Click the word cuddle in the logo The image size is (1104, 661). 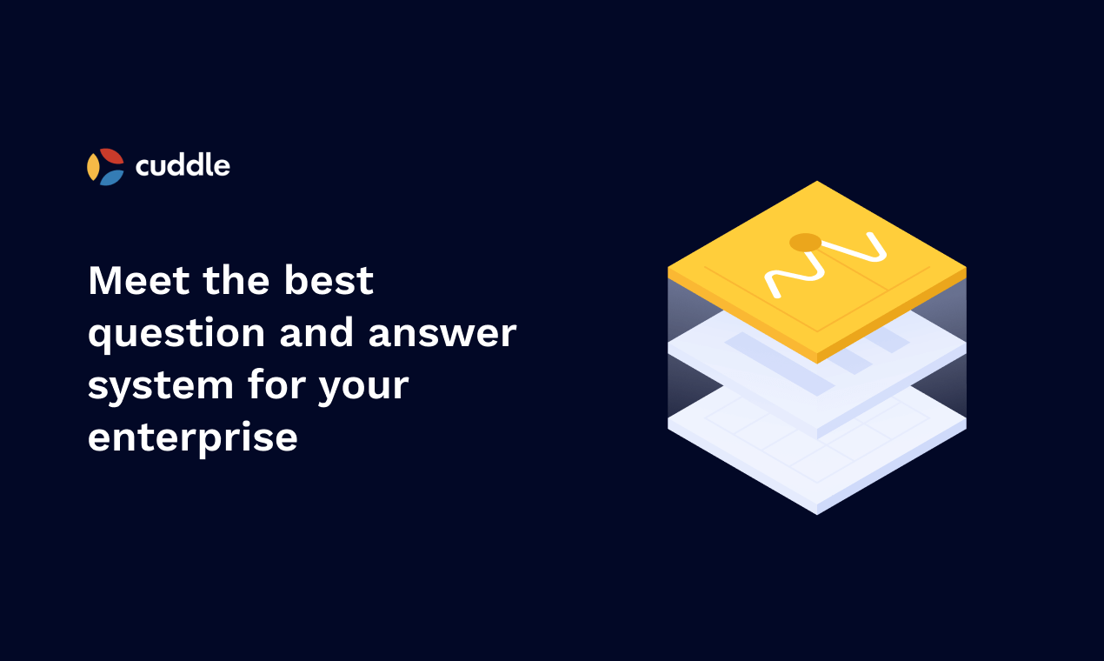(183, 164)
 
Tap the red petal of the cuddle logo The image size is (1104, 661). (112, 157)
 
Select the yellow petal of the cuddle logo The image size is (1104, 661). (93, 166)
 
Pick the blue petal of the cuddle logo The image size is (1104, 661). (111, 177)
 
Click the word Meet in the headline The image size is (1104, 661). (138, 281)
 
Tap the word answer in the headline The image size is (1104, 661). (442, 334)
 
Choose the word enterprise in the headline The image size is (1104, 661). (193, 437)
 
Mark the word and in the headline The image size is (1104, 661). (318, 333)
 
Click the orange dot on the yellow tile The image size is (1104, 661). (805, 242)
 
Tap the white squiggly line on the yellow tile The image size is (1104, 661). (826, 261)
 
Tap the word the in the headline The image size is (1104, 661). (237, 281)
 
